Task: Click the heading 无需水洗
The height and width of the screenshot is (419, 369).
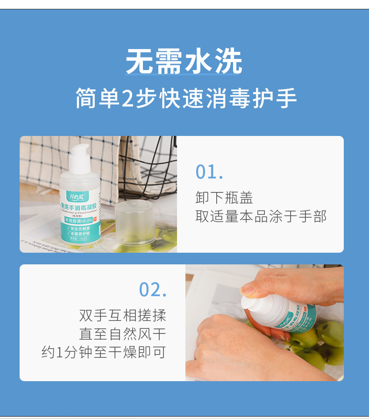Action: (184, 61)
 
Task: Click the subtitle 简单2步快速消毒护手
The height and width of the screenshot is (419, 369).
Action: (186, 99)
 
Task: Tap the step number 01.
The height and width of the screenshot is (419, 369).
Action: (209, 172)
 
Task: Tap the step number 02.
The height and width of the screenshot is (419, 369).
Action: (153, 290)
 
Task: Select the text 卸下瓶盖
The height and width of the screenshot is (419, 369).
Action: (224, 198)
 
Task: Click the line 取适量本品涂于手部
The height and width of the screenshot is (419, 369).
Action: (261, 216)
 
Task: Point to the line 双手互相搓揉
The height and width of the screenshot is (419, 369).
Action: (122, 315)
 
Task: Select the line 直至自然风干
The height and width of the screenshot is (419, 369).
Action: (122, 334)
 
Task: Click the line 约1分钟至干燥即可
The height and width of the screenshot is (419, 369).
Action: (104, 353)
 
